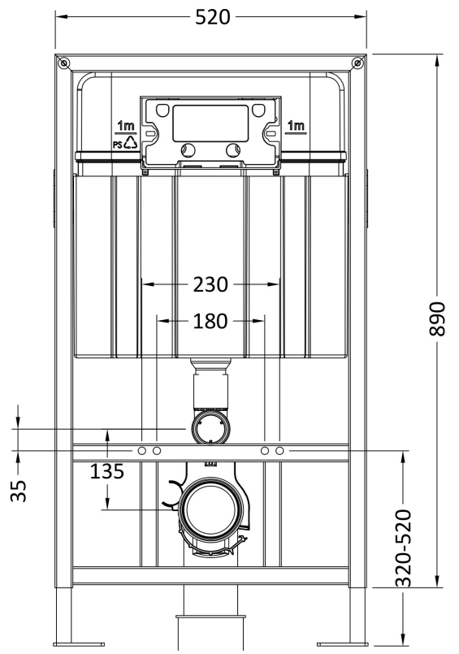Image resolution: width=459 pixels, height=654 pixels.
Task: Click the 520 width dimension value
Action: click(x=213, y=17)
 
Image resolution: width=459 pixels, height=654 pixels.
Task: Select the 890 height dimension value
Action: click(x=437, y=318)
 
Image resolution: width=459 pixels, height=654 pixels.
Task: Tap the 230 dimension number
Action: click(x=210, y=285)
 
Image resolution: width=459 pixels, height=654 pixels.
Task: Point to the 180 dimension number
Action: click(x=210, y=321)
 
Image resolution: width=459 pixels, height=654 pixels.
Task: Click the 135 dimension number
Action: click(x=107, y=471)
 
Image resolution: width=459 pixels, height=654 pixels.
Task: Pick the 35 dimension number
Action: click(x=19, y=491)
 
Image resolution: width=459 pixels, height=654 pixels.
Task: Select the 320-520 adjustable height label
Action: click(x=403, y=548)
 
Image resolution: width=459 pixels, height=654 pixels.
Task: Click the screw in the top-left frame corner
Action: click(x=64, y=63)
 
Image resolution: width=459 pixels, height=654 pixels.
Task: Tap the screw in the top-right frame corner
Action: click(x=357, y=63)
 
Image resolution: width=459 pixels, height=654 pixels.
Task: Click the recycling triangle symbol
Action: click(x=131, y=143)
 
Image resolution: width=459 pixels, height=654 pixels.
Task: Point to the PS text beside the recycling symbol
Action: click(x=117, y=145)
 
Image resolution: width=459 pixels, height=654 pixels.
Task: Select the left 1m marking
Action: click(x=125, y=125)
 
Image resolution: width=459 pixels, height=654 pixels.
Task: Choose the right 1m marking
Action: click(x=296, y=125)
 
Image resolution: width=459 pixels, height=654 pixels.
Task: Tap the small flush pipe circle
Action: click(x=210, y=427)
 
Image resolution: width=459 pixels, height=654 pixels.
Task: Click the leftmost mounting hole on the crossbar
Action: click(x=141, y=451)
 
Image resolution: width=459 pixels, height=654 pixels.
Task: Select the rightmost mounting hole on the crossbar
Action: click(x=279, y=451)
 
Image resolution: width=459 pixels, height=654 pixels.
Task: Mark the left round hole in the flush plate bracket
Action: click(x=188, y=149)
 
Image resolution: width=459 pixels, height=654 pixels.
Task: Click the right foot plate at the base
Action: click(x=342, y=644)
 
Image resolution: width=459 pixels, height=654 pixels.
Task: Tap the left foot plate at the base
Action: click(x=80, y=644)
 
